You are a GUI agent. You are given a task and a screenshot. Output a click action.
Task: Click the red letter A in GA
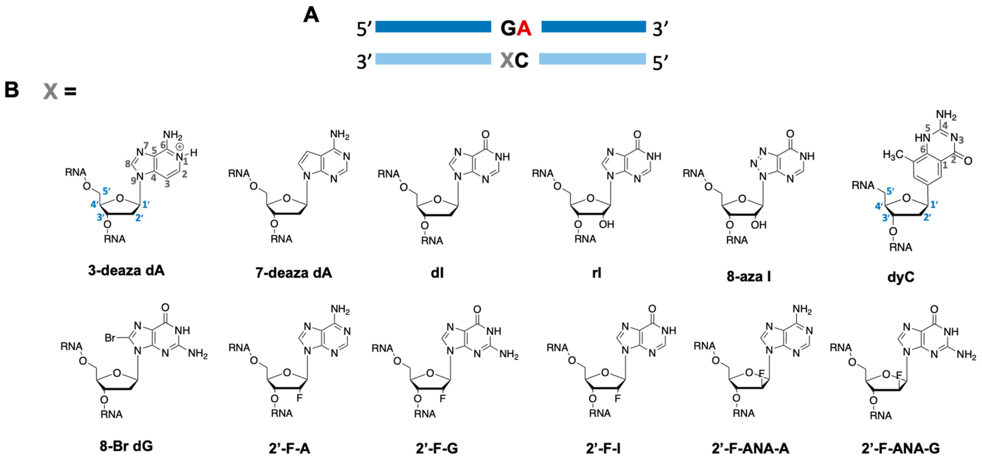(x=524, y=28)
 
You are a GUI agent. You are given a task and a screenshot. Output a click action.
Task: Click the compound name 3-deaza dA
(x=126, y=270)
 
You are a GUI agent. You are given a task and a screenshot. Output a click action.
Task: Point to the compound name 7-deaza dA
(x=294, y=273)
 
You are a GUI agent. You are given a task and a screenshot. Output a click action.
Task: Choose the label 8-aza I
(x=748, y=276)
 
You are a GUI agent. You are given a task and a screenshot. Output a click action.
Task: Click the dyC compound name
(x=900, y=277)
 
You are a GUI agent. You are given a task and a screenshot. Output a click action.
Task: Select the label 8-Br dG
(x=126, y=446)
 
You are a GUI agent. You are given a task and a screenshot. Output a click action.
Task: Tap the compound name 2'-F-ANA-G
(x=900, y=448)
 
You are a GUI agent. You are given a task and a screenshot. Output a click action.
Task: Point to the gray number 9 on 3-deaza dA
(x=133, y=181)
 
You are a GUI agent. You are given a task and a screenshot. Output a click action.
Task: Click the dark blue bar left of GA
(x=433, y=27)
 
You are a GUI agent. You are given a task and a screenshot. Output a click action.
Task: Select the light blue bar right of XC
(x=593, y=59)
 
